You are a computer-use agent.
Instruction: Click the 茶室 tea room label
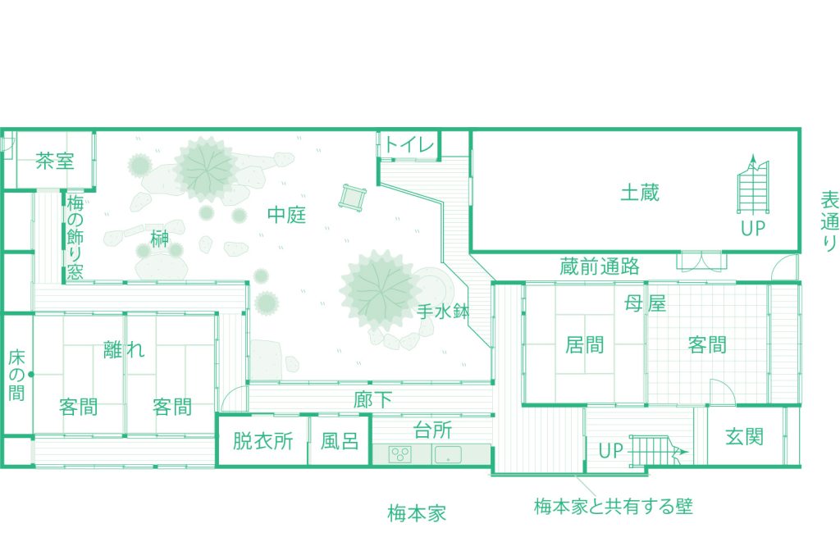tap(55, 161)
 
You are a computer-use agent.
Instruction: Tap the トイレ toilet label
tap(409, 146)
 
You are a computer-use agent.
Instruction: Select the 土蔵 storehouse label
tap(640, 193)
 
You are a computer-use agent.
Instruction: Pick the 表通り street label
tap(829, 221)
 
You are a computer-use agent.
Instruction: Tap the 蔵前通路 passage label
tap(600, 266)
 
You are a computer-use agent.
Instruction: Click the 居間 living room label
tap(585, 344)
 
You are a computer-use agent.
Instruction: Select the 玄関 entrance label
tap(744, 435)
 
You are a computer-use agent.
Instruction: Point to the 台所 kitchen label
tap(431, 430)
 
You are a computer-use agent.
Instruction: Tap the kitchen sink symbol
tap(450, 453)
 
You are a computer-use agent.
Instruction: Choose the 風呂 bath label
tap(339, 442)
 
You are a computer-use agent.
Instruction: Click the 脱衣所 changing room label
tap(262, 442)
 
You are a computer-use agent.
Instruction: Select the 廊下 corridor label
tap(372, 401)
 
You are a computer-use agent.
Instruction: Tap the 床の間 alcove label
tap(17, 375)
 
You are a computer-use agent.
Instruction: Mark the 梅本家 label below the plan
tap(417, 514)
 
